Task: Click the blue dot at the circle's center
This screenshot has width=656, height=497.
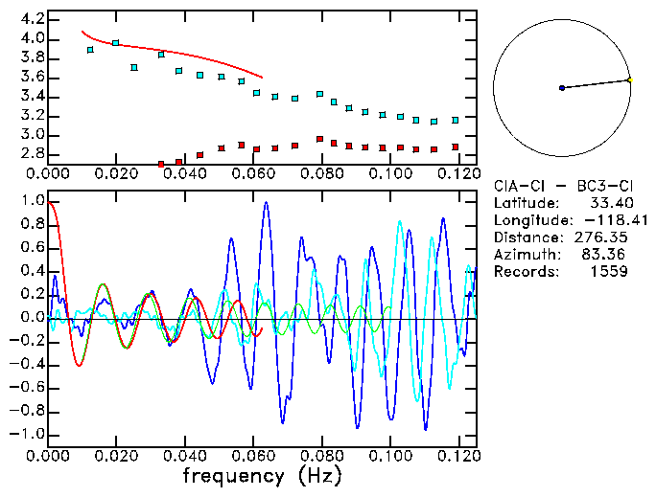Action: (562, 88)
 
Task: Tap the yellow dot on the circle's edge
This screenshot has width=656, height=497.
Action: (629, 79)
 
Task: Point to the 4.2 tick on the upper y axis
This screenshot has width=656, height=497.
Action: (31, 19)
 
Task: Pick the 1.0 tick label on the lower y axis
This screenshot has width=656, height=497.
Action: (31, 202)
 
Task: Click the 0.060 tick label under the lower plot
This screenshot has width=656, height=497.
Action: (253, 456)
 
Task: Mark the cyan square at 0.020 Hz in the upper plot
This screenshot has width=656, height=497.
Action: (116, 43)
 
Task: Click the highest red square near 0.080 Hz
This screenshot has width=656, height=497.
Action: (319, 139)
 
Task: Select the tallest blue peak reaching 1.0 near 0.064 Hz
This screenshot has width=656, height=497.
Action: (266, 203)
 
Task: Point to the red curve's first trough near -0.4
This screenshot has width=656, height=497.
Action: (79, 365)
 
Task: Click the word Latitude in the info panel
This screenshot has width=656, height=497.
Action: (526, 203)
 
